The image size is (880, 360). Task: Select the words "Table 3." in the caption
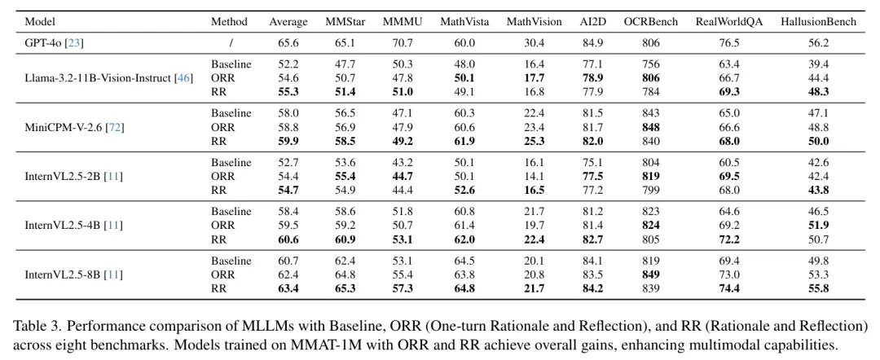[35, 326]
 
